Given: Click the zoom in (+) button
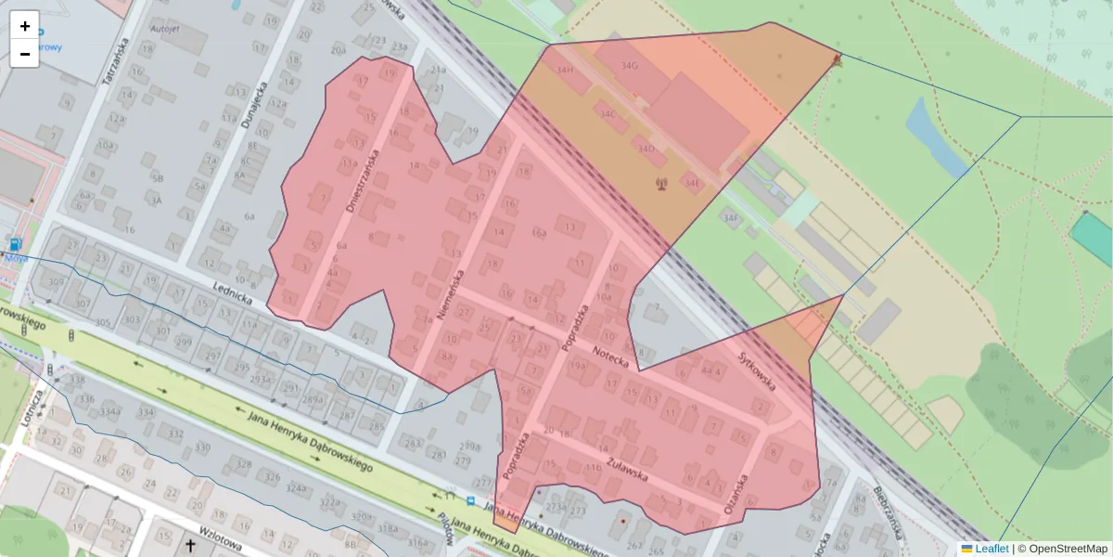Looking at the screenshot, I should (x=25, y=26).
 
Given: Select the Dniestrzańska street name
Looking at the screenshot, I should (x=363, y=182).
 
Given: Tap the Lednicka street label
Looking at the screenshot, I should (x=232, y=293).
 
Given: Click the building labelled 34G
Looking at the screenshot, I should (x=630, y=66).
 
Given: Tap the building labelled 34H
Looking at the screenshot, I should (x=564, y=71).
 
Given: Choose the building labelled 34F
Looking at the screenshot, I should (x=732, y=218).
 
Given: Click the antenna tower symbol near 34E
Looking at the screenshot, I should (x=661, y=183).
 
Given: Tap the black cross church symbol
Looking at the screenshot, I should (x=191, y=546).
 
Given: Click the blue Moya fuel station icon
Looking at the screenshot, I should (x=16, y=245).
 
